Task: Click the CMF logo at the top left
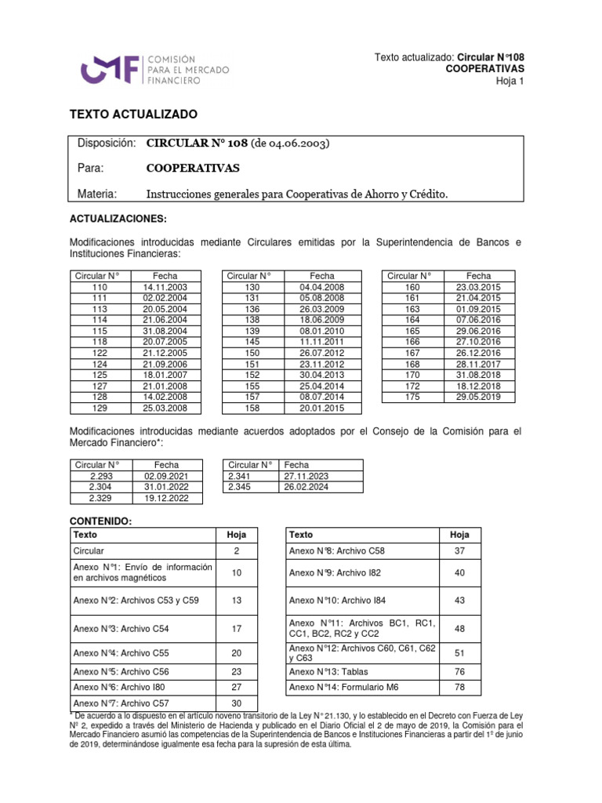[114, 69]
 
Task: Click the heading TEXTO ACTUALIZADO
[134, 114]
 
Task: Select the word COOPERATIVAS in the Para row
[193, 169]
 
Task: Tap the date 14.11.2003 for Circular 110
[165, 288]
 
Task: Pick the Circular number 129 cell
[99, 409]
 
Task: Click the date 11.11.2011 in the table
[321, 343]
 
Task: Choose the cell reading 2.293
[102, 476]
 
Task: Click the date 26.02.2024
[306, 487]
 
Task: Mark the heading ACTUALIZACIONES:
[118, 218]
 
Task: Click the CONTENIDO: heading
[101, 521]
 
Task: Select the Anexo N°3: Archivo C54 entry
[121, 629]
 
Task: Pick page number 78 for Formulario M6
[459, 688]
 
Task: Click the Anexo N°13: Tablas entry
[328, 672]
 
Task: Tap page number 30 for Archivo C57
[237, 703]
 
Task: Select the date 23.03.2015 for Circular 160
[478, 288]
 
